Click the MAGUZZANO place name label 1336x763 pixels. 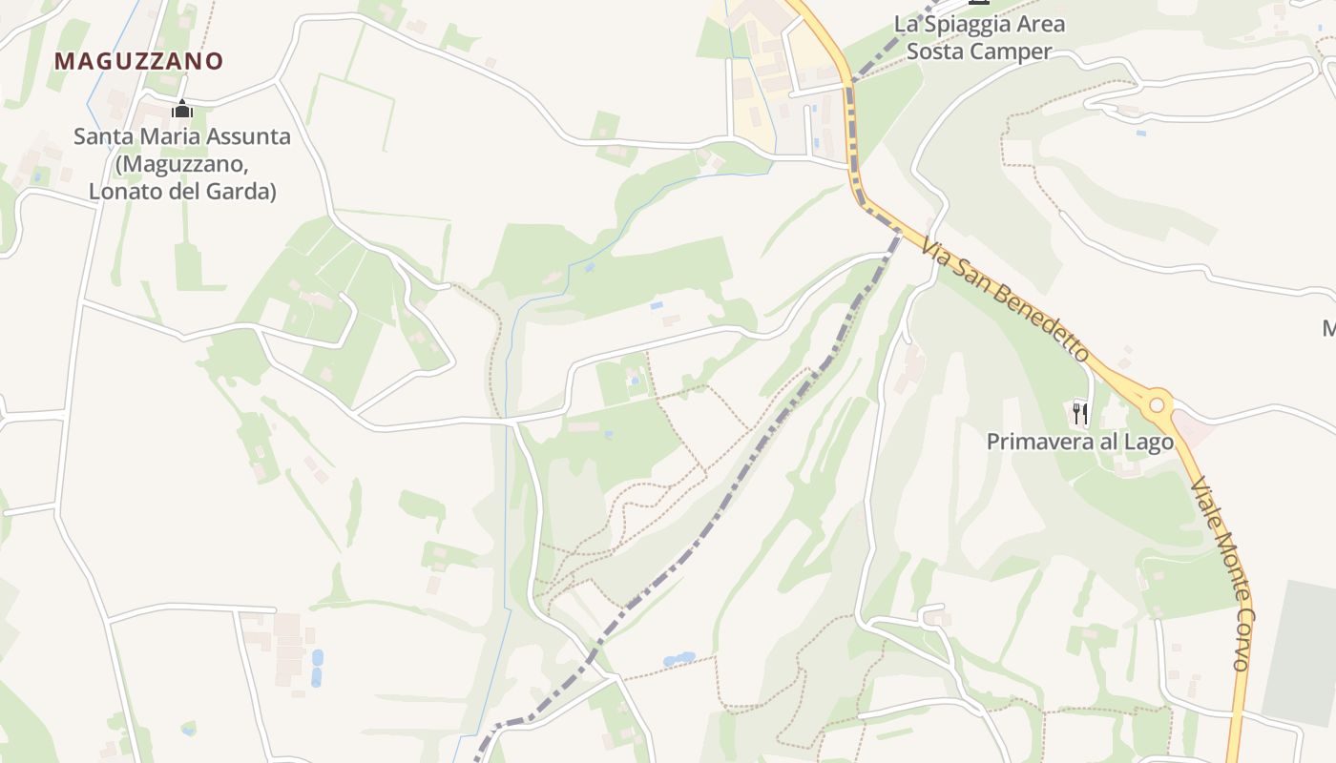coord(138,61)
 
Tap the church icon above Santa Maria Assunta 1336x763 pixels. coord(181,109)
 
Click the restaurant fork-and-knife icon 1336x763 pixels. coord(1080,413)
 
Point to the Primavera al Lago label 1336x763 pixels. coord(1079,442)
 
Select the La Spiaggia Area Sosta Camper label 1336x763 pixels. coord(979,37)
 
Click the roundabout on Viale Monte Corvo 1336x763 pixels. coord(1158,404)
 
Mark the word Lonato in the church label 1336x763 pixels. coord(127,192)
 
